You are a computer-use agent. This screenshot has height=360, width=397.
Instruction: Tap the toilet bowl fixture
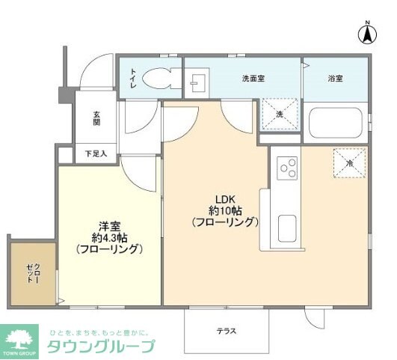tap(158, 77)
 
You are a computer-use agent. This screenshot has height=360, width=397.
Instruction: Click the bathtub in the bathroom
tap(336, 124)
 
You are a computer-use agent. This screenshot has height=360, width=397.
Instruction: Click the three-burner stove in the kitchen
tap(286, 168)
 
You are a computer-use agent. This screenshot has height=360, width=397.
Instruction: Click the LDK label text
tap(226, 198)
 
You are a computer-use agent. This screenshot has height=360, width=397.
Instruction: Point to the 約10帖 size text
tap(225, 210)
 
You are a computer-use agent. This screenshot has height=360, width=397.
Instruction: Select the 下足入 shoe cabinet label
tap(96, 154)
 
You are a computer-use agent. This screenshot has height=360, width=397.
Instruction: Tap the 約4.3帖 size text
tap(109, 237)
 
